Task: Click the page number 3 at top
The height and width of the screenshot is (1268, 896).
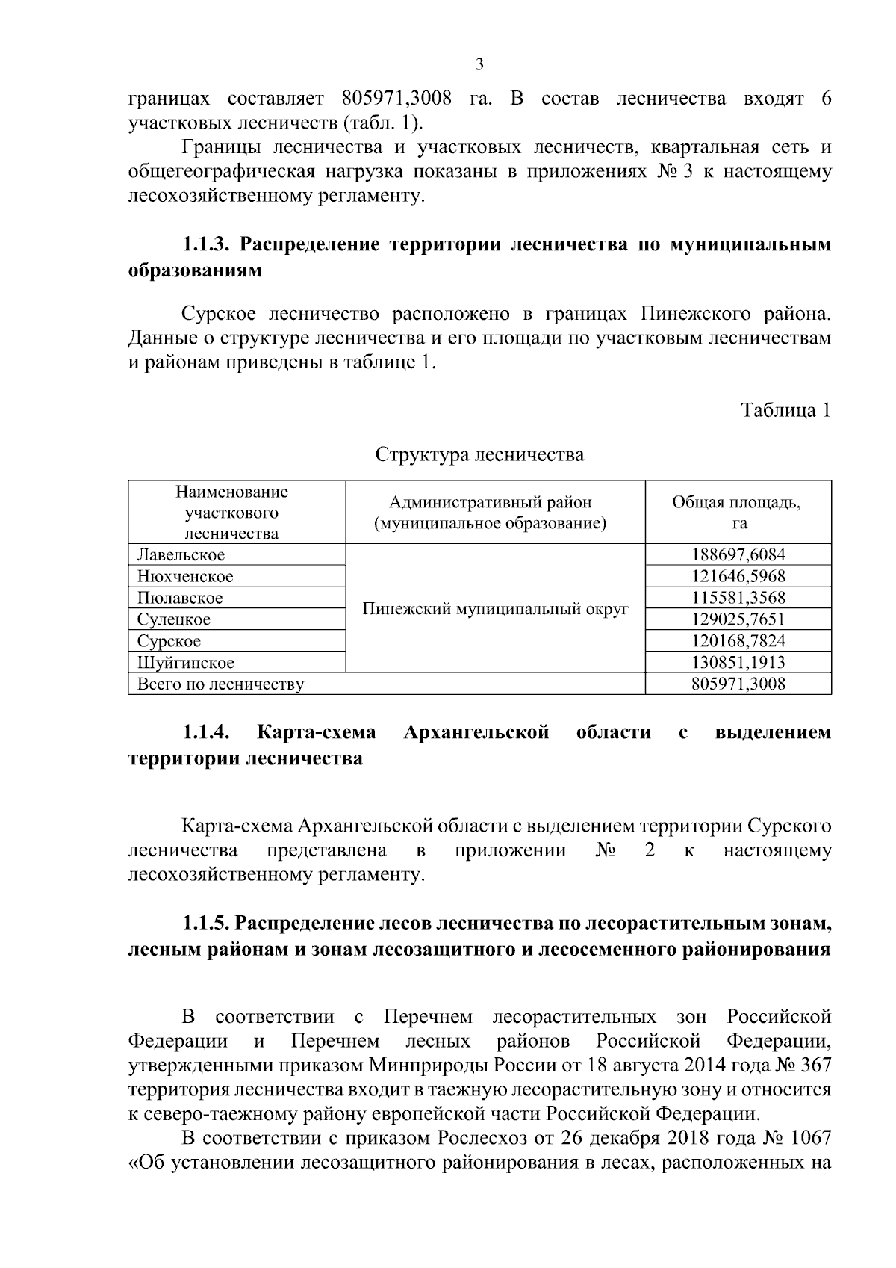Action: click(479, 64)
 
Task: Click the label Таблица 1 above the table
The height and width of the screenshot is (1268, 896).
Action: click(785, 410)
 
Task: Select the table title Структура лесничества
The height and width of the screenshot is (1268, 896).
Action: click(479, 454)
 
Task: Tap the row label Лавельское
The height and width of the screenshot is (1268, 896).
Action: click(181, 555)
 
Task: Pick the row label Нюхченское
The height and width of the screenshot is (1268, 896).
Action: click(184, 577)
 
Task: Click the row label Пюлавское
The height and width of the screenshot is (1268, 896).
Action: click(180, 599)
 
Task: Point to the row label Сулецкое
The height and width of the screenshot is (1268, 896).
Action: click(174, 619)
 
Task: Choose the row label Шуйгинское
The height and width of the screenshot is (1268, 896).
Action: click(185, 663)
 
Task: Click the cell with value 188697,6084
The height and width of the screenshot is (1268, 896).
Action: click(738, 555)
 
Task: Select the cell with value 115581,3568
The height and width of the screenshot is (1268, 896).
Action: click(738, 599)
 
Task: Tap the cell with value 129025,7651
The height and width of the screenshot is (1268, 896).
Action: click(738, 619)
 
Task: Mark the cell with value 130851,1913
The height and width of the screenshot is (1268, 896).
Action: click(738, 663)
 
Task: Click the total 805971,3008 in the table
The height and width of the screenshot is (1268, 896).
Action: click(738, 684)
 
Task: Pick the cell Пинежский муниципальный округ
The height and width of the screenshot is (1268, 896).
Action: click(495, 609)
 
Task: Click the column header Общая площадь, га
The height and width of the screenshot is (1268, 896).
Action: click(738, 513)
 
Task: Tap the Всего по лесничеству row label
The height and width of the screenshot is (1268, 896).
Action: click(220, 684)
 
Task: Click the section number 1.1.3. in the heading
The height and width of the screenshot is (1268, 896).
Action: click(208, 245)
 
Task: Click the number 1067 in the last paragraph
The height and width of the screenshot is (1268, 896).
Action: click(809, 1160)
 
